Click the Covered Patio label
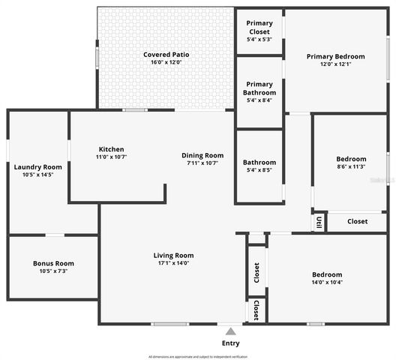[165, 55]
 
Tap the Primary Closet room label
[259, 27]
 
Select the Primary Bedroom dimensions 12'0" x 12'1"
[335, 64]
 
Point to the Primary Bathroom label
[259, 88]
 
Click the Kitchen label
[111, 149]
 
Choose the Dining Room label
[202, 155]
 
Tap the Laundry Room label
[37, 166]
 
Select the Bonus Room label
[53, 263]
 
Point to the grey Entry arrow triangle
[230, 330]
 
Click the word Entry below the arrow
[230, 343]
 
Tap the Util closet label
[319, 222]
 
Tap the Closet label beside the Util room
[357, 221]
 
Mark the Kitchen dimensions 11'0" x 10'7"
[111, 157]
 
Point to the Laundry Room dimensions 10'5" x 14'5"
[37, 175]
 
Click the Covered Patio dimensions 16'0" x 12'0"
[165, 62]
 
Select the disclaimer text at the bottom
[198, 356]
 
